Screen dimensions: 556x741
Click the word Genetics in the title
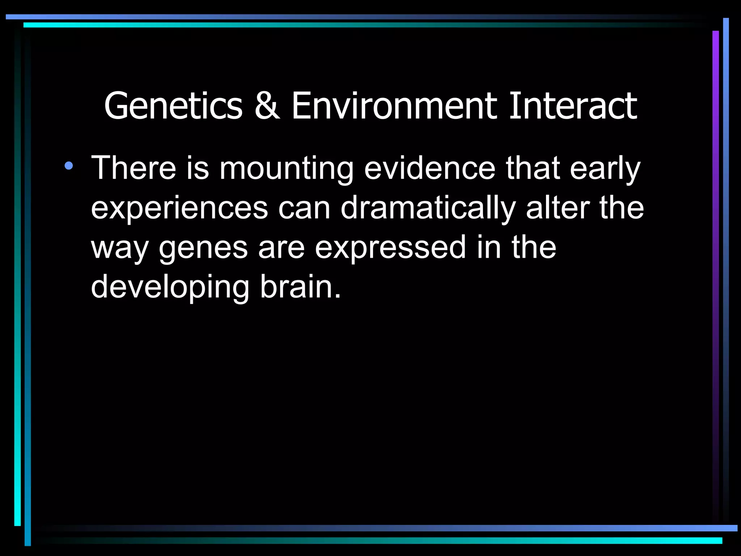click(x=173, y=106)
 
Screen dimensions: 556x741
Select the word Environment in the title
click(x=394, y=106)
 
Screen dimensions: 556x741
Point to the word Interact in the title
click(x=573, y=106)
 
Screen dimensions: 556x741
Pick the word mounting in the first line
click(x=286, y=169)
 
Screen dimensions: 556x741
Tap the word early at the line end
click(x=605, y=169)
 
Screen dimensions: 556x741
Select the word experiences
click(x=179, y=208)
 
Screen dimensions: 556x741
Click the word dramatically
click(x=428, y=208)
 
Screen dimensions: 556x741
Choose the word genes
click(x=203, y=248)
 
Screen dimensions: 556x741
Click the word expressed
click(x=390, y=248)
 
